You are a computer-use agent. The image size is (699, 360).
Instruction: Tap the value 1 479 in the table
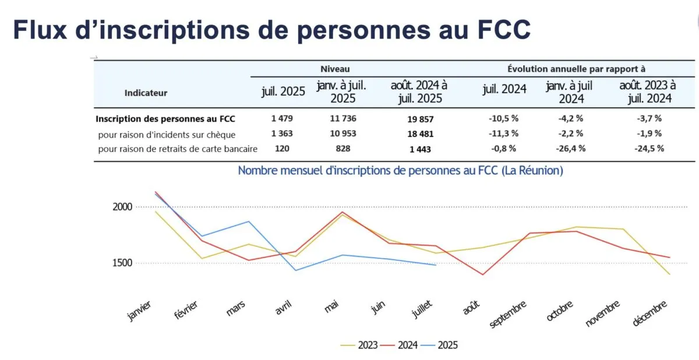coord(282,118)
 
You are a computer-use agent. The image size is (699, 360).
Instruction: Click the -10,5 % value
coord(504,118)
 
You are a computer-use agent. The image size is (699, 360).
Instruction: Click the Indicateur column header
coord(146,93)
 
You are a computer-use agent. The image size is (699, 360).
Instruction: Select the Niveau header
coord(335,69)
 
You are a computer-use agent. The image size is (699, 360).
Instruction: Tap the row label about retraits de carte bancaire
coord(178,149)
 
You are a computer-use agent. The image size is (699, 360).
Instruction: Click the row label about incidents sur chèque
coord(167,133)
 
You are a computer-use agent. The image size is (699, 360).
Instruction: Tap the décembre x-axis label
coord(651,315)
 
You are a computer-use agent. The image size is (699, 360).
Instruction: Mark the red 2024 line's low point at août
coord(483,274)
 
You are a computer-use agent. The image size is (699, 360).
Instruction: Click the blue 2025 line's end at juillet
coord(435,265)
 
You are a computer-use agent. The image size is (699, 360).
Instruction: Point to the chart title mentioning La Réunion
coord(401,171)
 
